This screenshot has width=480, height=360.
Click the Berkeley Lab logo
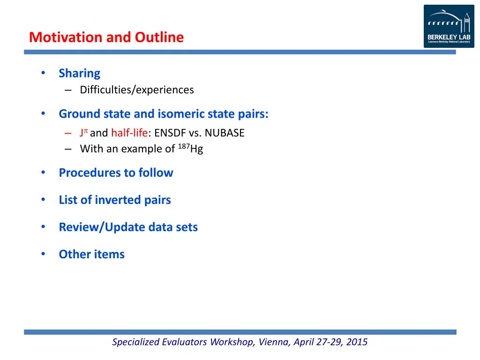point(449,26)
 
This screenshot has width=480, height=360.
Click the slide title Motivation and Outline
point(106,37)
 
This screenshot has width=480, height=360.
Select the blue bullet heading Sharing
point(79,73)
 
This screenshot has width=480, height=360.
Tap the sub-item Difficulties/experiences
point(136,90)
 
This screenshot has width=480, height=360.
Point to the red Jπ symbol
point(83,133)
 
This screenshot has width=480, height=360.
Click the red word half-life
point(129,133)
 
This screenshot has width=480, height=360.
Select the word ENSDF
point(170,133)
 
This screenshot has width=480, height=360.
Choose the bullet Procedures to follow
point(116,172)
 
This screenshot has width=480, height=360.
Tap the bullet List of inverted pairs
point(114,200)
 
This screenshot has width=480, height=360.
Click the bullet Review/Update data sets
point(128,227)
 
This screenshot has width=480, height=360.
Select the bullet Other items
point(91,254)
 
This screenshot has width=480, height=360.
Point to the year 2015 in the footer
point(357,342)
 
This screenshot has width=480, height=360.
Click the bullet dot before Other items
point(43,254)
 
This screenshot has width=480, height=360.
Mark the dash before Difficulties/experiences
point(69,90)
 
